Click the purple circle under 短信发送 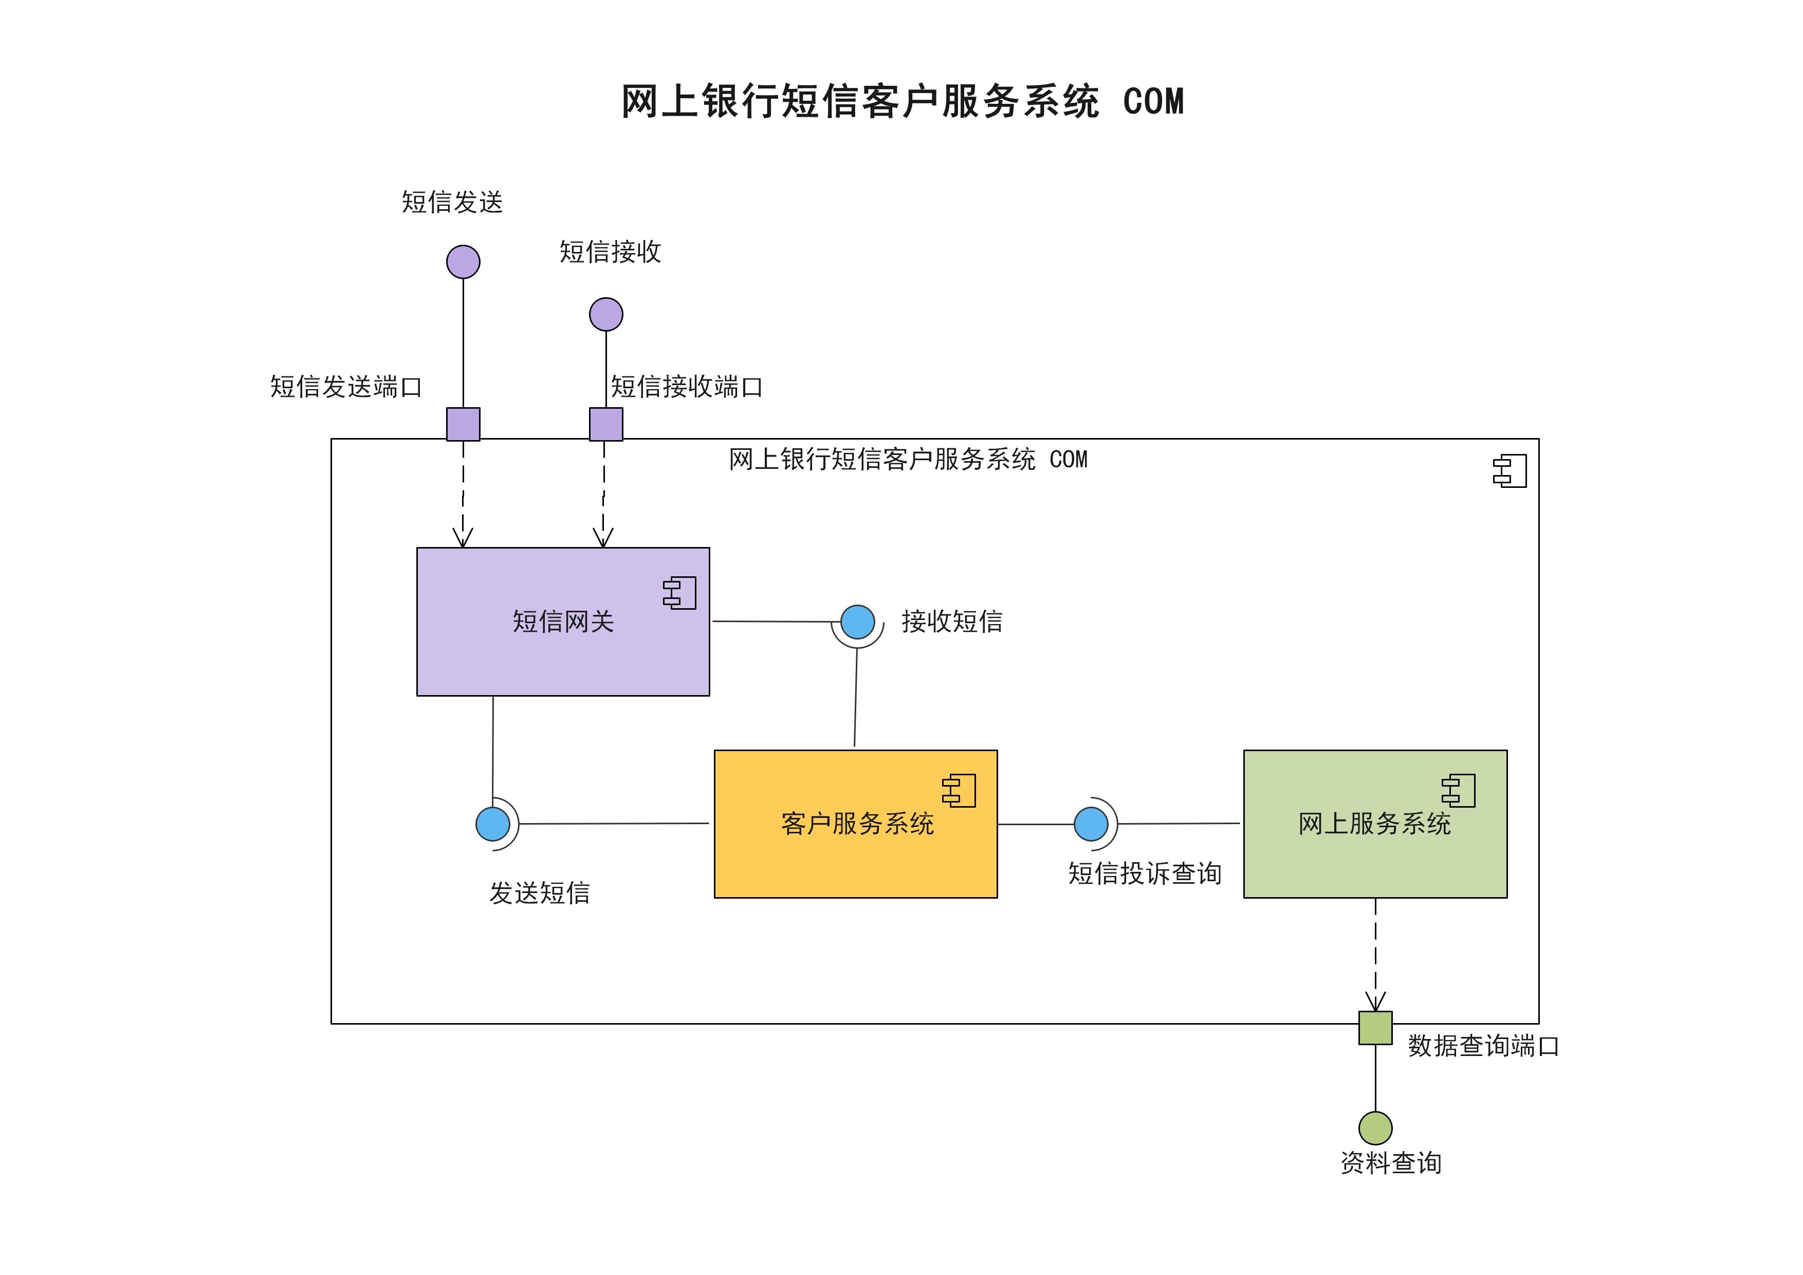pyautogui.click(x=463, y=262)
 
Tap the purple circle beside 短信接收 pyautogui.click(x=606, y=314)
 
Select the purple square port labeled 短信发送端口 pyautogui.click(x=463, y=424)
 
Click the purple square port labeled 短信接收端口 pyautogui.click(x=606, y=424)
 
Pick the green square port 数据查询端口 pyautogui.click(x=1375, y=1028)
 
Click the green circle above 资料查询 pyautogui.click(x=1375, y=1128)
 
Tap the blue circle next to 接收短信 pyautogui.click(x=857, y=622)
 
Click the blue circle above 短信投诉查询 pyautogui.click(x=1091, y=824)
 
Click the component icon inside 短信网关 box pyautogui.click(x=680, y=593)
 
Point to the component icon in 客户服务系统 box pyautogui.click(x=960, y=790)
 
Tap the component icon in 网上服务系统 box pyautogui.click(x=1459, y=790)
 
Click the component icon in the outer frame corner pyautogui.click(x=1510, y=470)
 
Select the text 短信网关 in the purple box pyautogui.click(x=563, y=622)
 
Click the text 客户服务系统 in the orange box pyautogui.click(x=857, y=823)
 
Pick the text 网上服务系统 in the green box pyautogui.click(x=1374, y=823)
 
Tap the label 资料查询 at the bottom pyautogui.click(x=1391, y=1162)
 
